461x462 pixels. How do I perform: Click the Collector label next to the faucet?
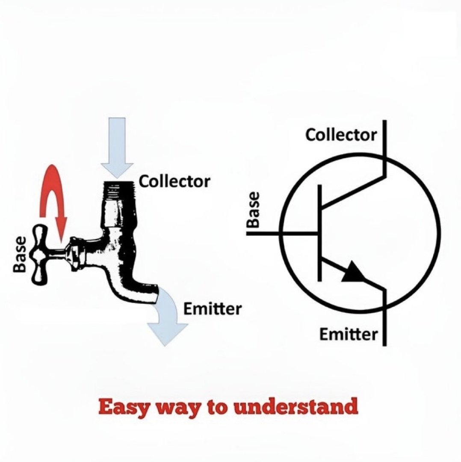175,181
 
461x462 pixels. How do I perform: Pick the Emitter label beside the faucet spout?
212,308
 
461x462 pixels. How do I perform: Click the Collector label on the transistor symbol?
341,135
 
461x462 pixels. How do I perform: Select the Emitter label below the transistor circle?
349,334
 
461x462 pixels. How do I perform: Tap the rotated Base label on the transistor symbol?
254,210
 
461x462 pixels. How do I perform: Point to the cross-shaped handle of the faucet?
40,254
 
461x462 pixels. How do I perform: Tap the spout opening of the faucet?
155,295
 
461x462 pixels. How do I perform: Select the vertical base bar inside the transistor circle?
319,233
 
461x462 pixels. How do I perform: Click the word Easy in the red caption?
121,407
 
